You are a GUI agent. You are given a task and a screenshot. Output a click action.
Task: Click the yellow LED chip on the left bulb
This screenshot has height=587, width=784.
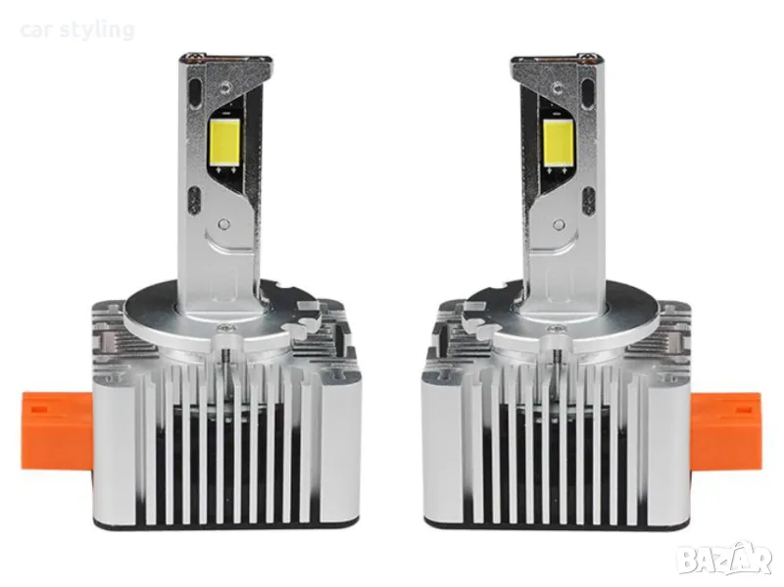(x=225, y=142)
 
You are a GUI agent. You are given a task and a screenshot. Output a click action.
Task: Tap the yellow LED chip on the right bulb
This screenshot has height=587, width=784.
(x=558, y=142)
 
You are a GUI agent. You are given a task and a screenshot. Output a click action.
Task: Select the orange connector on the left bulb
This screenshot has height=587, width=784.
(x=57, y=431)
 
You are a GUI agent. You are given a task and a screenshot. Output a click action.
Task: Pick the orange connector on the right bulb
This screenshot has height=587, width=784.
(x=725, y=431)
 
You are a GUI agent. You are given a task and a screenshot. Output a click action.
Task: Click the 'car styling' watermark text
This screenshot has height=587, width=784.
(x=77, y=30)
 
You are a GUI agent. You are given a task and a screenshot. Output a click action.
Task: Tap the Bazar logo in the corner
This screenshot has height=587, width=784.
(x=724, y=559)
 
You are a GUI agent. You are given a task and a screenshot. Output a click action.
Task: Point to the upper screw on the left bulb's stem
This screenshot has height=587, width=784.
(x=226, y=88)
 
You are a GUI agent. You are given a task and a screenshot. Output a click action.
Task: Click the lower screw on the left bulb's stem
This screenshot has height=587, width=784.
(x=224, y=223)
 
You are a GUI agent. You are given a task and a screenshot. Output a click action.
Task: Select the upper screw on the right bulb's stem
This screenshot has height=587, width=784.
(x=557, y=88)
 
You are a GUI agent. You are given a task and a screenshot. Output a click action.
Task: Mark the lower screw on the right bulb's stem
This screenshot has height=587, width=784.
(x=559, y=223)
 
